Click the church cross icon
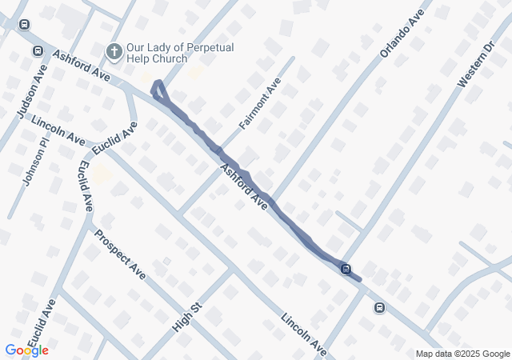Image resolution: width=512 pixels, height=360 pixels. [x=114, y=52]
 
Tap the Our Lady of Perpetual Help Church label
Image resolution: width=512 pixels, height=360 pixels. [x=180, y=53]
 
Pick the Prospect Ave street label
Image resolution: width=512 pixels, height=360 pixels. [x=120, y=254]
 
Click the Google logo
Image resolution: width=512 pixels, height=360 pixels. [x=26, y=350]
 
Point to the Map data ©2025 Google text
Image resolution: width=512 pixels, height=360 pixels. [x=462, y=354]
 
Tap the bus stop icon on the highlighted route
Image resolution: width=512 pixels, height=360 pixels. [x=346, y=269]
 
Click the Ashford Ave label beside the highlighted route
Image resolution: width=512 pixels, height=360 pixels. [x=243, y=189]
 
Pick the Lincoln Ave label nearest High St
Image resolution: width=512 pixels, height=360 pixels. [x=304, y=334]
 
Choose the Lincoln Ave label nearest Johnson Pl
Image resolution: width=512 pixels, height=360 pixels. [x=58, y=129]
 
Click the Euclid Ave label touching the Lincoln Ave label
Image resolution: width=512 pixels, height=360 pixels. [x=115, y=138]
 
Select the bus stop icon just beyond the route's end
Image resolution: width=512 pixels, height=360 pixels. [x=379, y=307]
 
